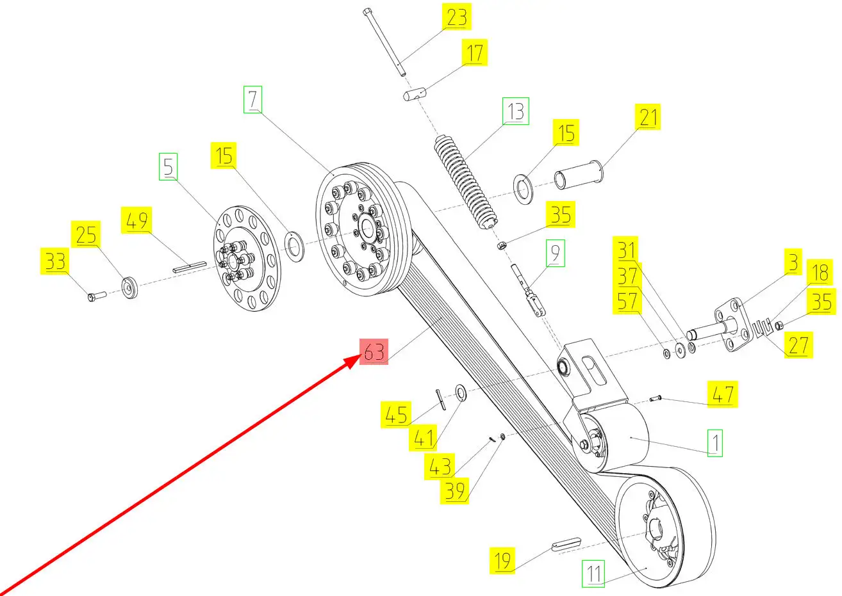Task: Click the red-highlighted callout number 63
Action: click(x=374, y=352)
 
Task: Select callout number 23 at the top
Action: click(x=456, y=17)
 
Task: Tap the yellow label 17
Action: click(x=474, y=52)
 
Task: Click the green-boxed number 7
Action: click(x=252, y=100)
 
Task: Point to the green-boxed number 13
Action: click(x=516, y=112)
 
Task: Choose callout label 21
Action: click(x=648, y=118)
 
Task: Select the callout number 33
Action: click(x=55, y=262)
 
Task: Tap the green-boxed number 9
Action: click(x=555, y=254)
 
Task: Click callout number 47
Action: click(x=722, y=394)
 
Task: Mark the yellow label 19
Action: click(x=503, y=561)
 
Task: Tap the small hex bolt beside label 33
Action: click(x=96, y=296)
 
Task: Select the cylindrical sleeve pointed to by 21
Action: click(x=579, y=176)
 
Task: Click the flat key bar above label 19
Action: click(x=566, y=544)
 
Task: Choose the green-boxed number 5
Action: click(x=168, y=168)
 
